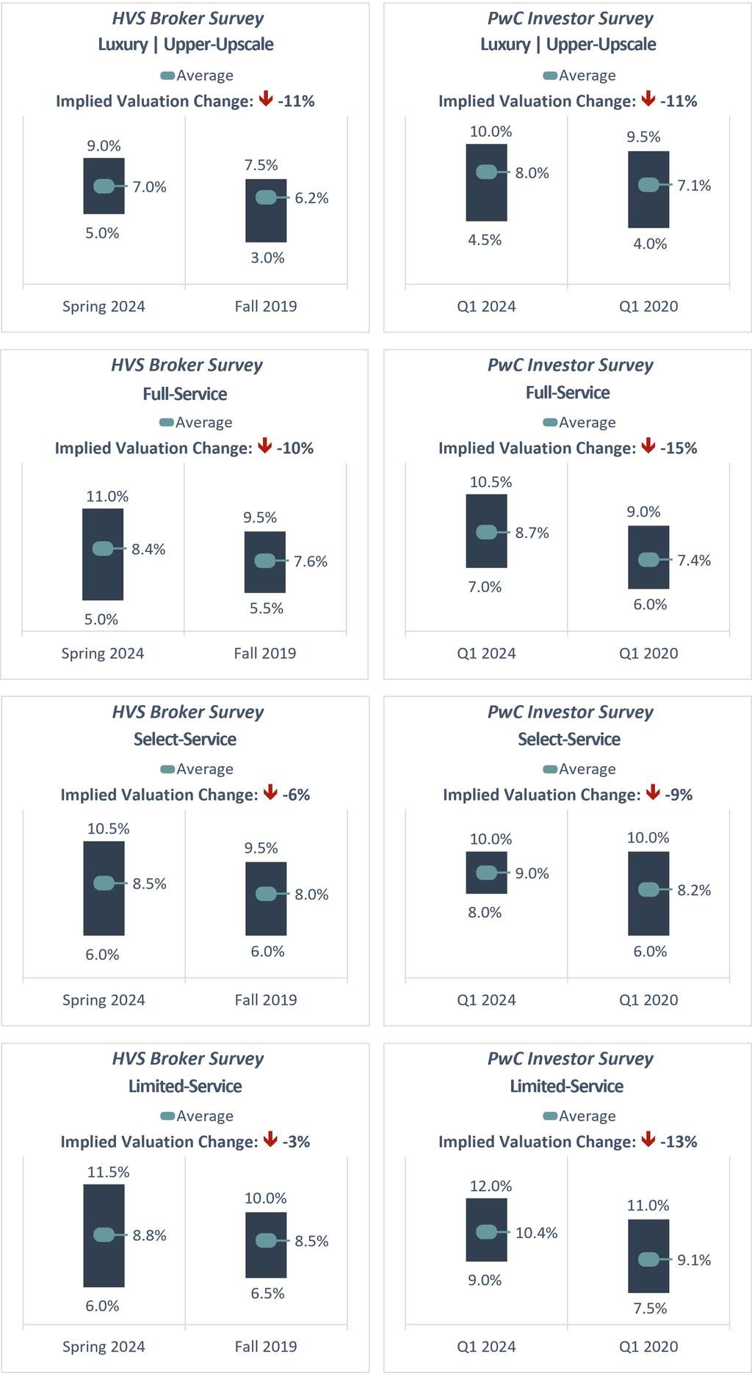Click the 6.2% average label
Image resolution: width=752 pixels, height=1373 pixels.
click(x=311, y=198)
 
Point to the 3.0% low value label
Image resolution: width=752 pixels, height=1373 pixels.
click(x=267, y=258)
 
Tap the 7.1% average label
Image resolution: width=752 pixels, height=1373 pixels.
click(x=694, y=186)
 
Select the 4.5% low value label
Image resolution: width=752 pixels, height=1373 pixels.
click(x=485, y=240)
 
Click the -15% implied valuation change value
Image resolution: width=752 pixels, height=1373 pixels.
click(x=679, y=448)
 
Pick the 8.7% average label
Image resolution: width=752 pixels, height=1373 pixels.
click(x=532, y=533)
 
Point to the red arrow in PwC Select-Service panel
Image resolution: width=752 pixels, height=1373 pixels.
click(x=652, y=793)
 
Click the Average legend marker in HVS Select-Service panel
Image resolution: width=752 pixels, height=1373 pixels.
click(x=167, y=769)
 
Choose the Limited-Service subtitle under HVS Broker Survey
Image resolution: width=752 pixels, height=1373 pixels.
click(x=185, y=1086)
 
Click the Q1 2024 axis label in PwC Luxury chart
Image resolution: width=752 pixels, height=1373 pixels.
click(x=486, y=307)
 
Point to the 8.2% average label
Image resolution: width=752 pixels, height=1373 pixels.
click(x=694, y=890)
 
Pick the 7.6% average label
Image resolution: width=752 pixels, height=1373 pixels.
click(x=311, y=561)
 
